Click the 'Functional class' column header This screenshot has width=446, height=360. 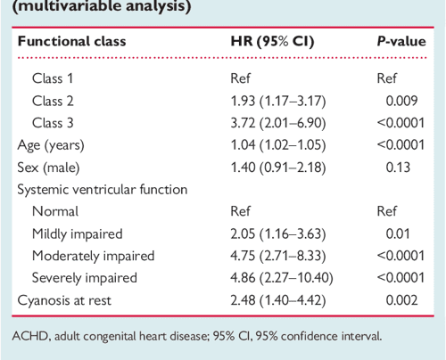72,41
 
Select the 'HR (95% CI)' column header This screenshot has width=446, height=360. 273,41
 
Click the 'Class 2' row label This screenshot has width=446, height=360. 53,101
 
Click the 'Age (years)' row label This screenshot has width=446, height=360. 52,145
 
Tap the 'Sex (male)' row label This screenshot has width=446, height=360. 50,168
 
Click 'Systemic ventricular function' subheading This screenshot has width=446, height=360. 103,190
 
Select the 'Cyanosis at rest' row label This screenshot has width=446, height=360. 67,300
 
